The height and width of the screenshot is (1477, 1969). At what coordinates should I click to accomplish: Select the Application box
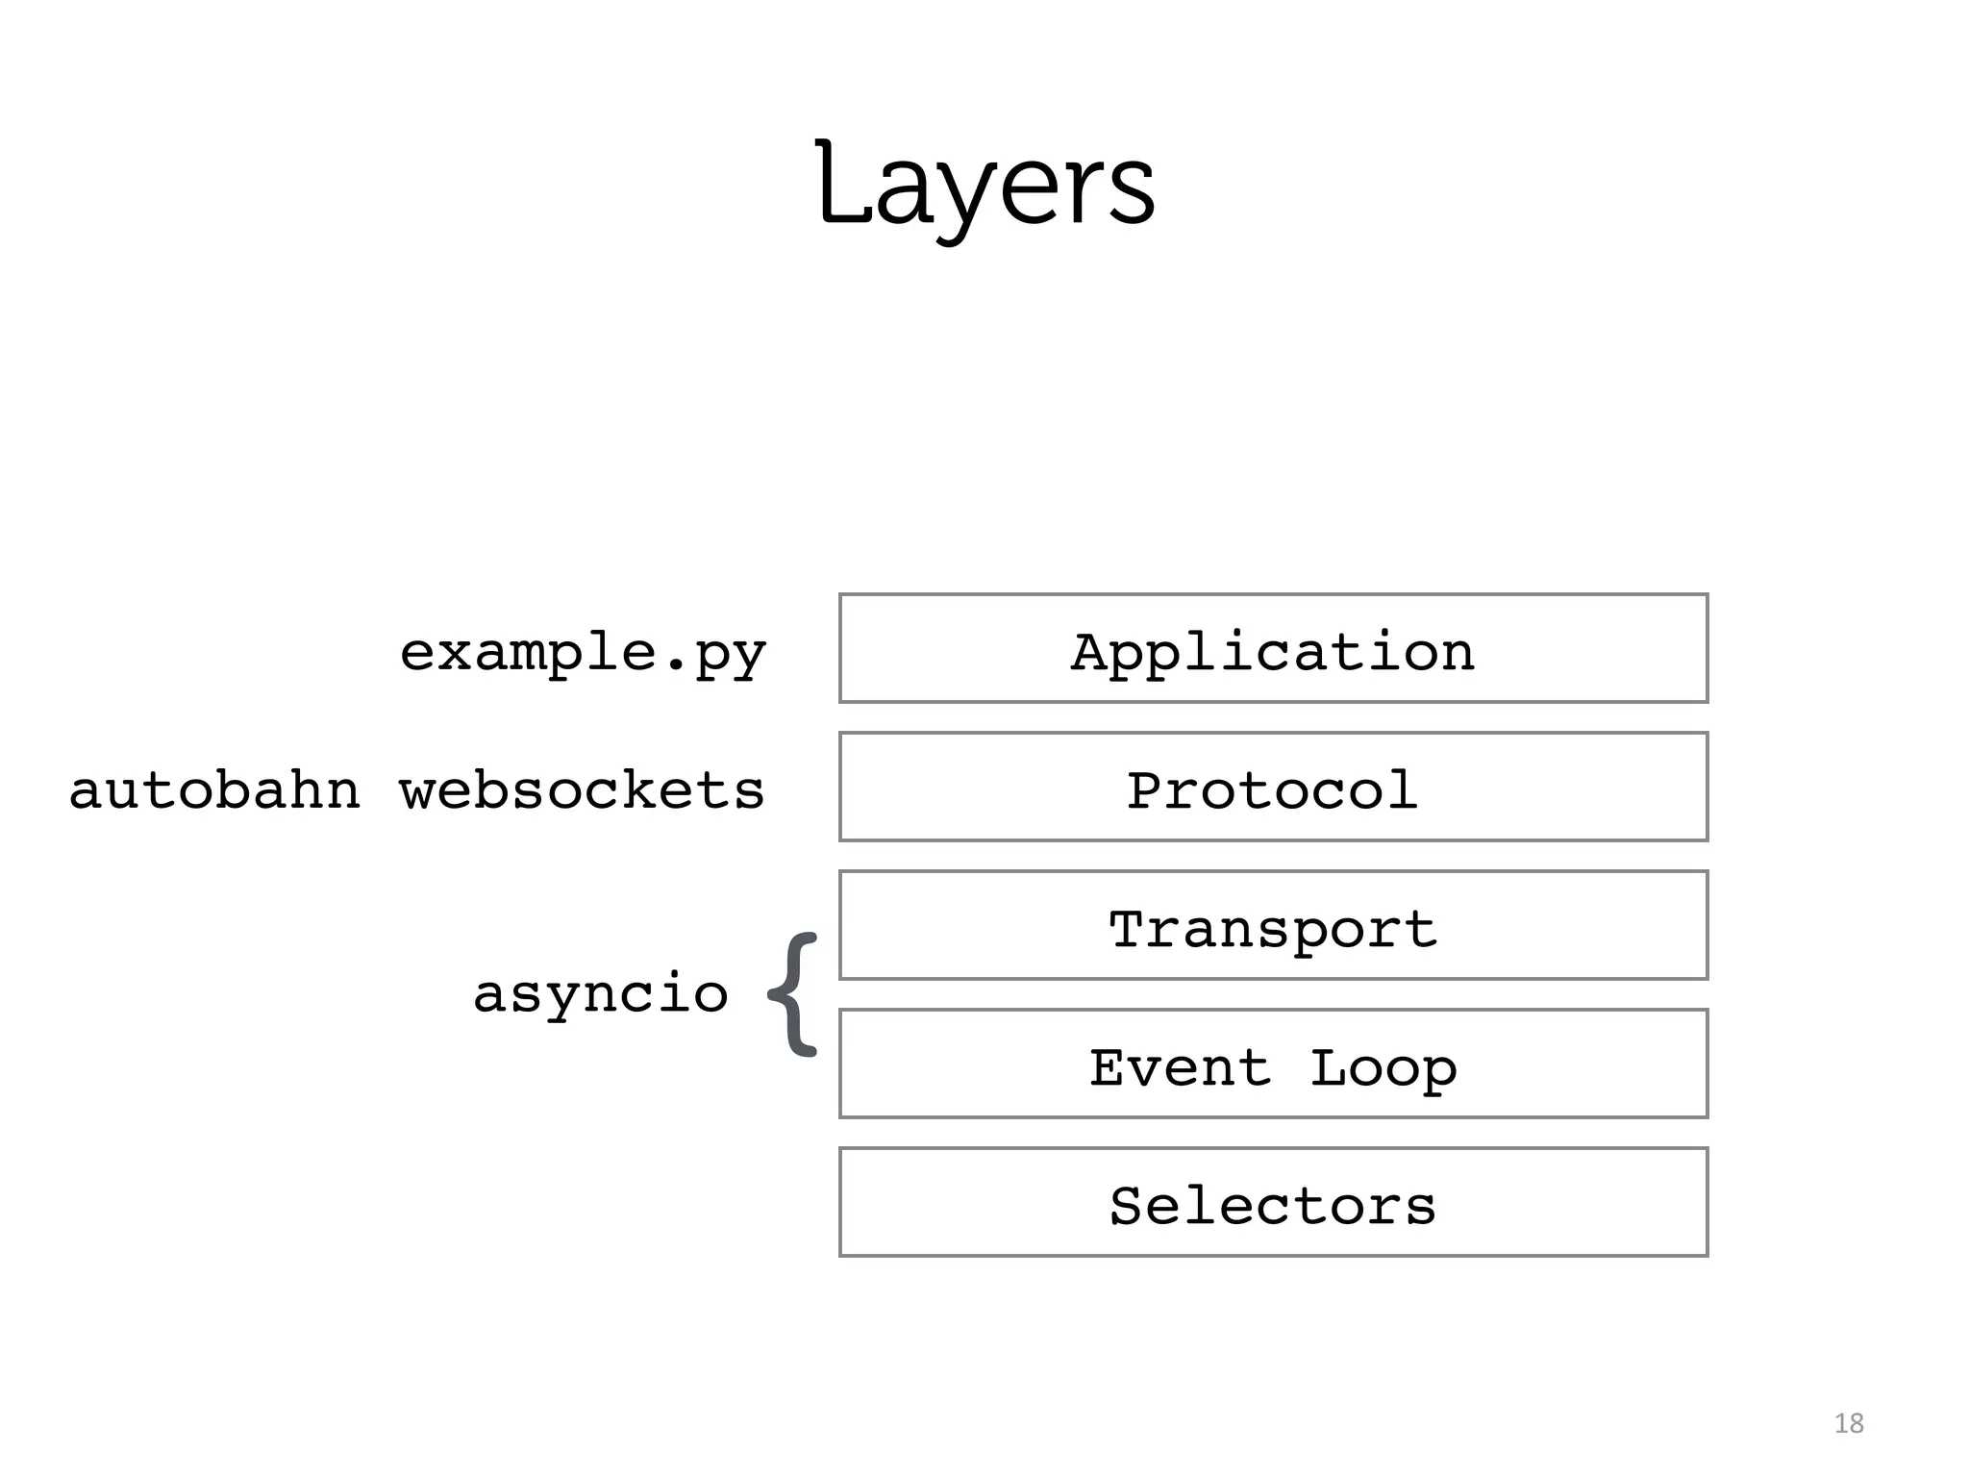pos(1273,648)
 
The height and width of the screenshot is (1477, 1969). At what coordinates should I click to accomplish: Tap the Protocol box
pos(1273,787)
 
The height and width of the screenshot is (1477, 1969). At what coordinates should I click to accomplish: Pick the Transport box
pos(1273,925)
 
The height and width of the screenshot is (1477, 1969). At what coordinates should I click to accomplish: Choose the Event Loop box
pos(1273,1064)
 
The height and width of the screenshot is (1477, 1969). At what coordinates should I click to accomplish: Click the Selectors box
pos(1273,1202)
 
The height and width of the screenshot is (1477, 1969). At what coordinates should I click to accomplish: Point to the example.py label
pos(583,654)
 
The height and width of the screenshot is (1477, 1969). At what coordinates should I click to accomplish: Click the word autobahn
pos(214,790)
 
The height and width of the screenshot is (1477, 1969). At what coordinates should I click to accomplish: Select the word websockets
pos(582,790)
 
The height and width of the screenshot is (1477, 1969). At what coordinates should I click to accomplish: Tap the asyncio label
pos(601,993)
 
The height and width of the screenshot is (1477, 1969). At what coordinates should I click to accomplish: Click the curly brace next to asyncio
pos(794,994)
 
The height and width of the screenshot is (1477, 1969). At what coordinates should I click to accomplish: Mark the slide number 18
pos(1849,1423)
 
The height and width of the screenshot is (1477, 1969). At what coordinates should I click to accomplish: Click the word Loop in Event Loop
pos(1383,1067)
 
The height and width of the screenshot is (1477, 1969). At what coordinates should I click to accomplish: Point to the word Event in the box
pos(1180,1067)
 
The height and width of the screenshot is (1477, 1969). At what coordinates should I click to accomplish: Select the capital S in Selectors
pos(1127,1206)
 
